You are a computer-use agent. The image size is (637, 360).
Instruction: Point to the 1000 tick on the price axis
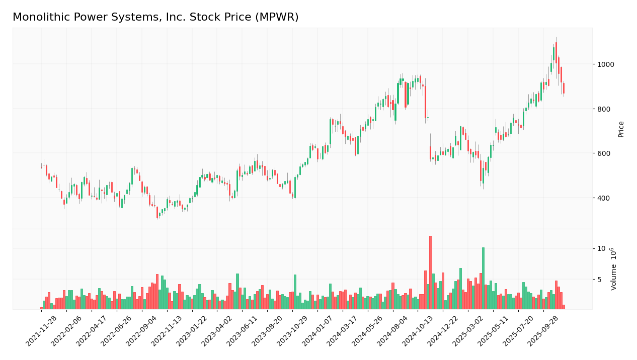pos(606,64)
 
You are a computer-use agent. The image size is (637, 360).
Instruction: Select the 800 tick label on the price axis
pos(604,109)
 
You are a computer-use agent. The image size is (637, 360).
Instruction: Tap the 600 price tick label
pos(604,153)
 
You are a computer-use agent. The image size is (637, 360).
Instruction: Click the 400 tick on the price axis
pos(604,198)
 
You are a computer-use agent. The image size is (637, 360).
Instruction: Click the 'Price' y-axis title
pos(621,129)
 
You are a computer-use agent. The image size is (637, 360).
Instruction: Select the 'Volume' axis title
pos(614,269)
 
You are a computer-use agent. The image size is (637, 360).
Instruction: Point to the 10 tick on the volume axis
pos(601,248)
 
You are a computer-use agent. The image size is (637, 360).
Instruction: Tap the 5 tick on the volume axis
pos(599,279)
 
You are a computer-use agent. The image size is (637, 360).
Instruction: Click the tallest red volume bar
pos(431,273)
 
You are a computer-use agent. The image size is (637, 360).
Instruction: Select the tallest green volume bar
pos(483,278)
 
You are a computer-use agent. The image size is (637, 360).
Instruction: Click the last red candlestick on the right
pos(564,88)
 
